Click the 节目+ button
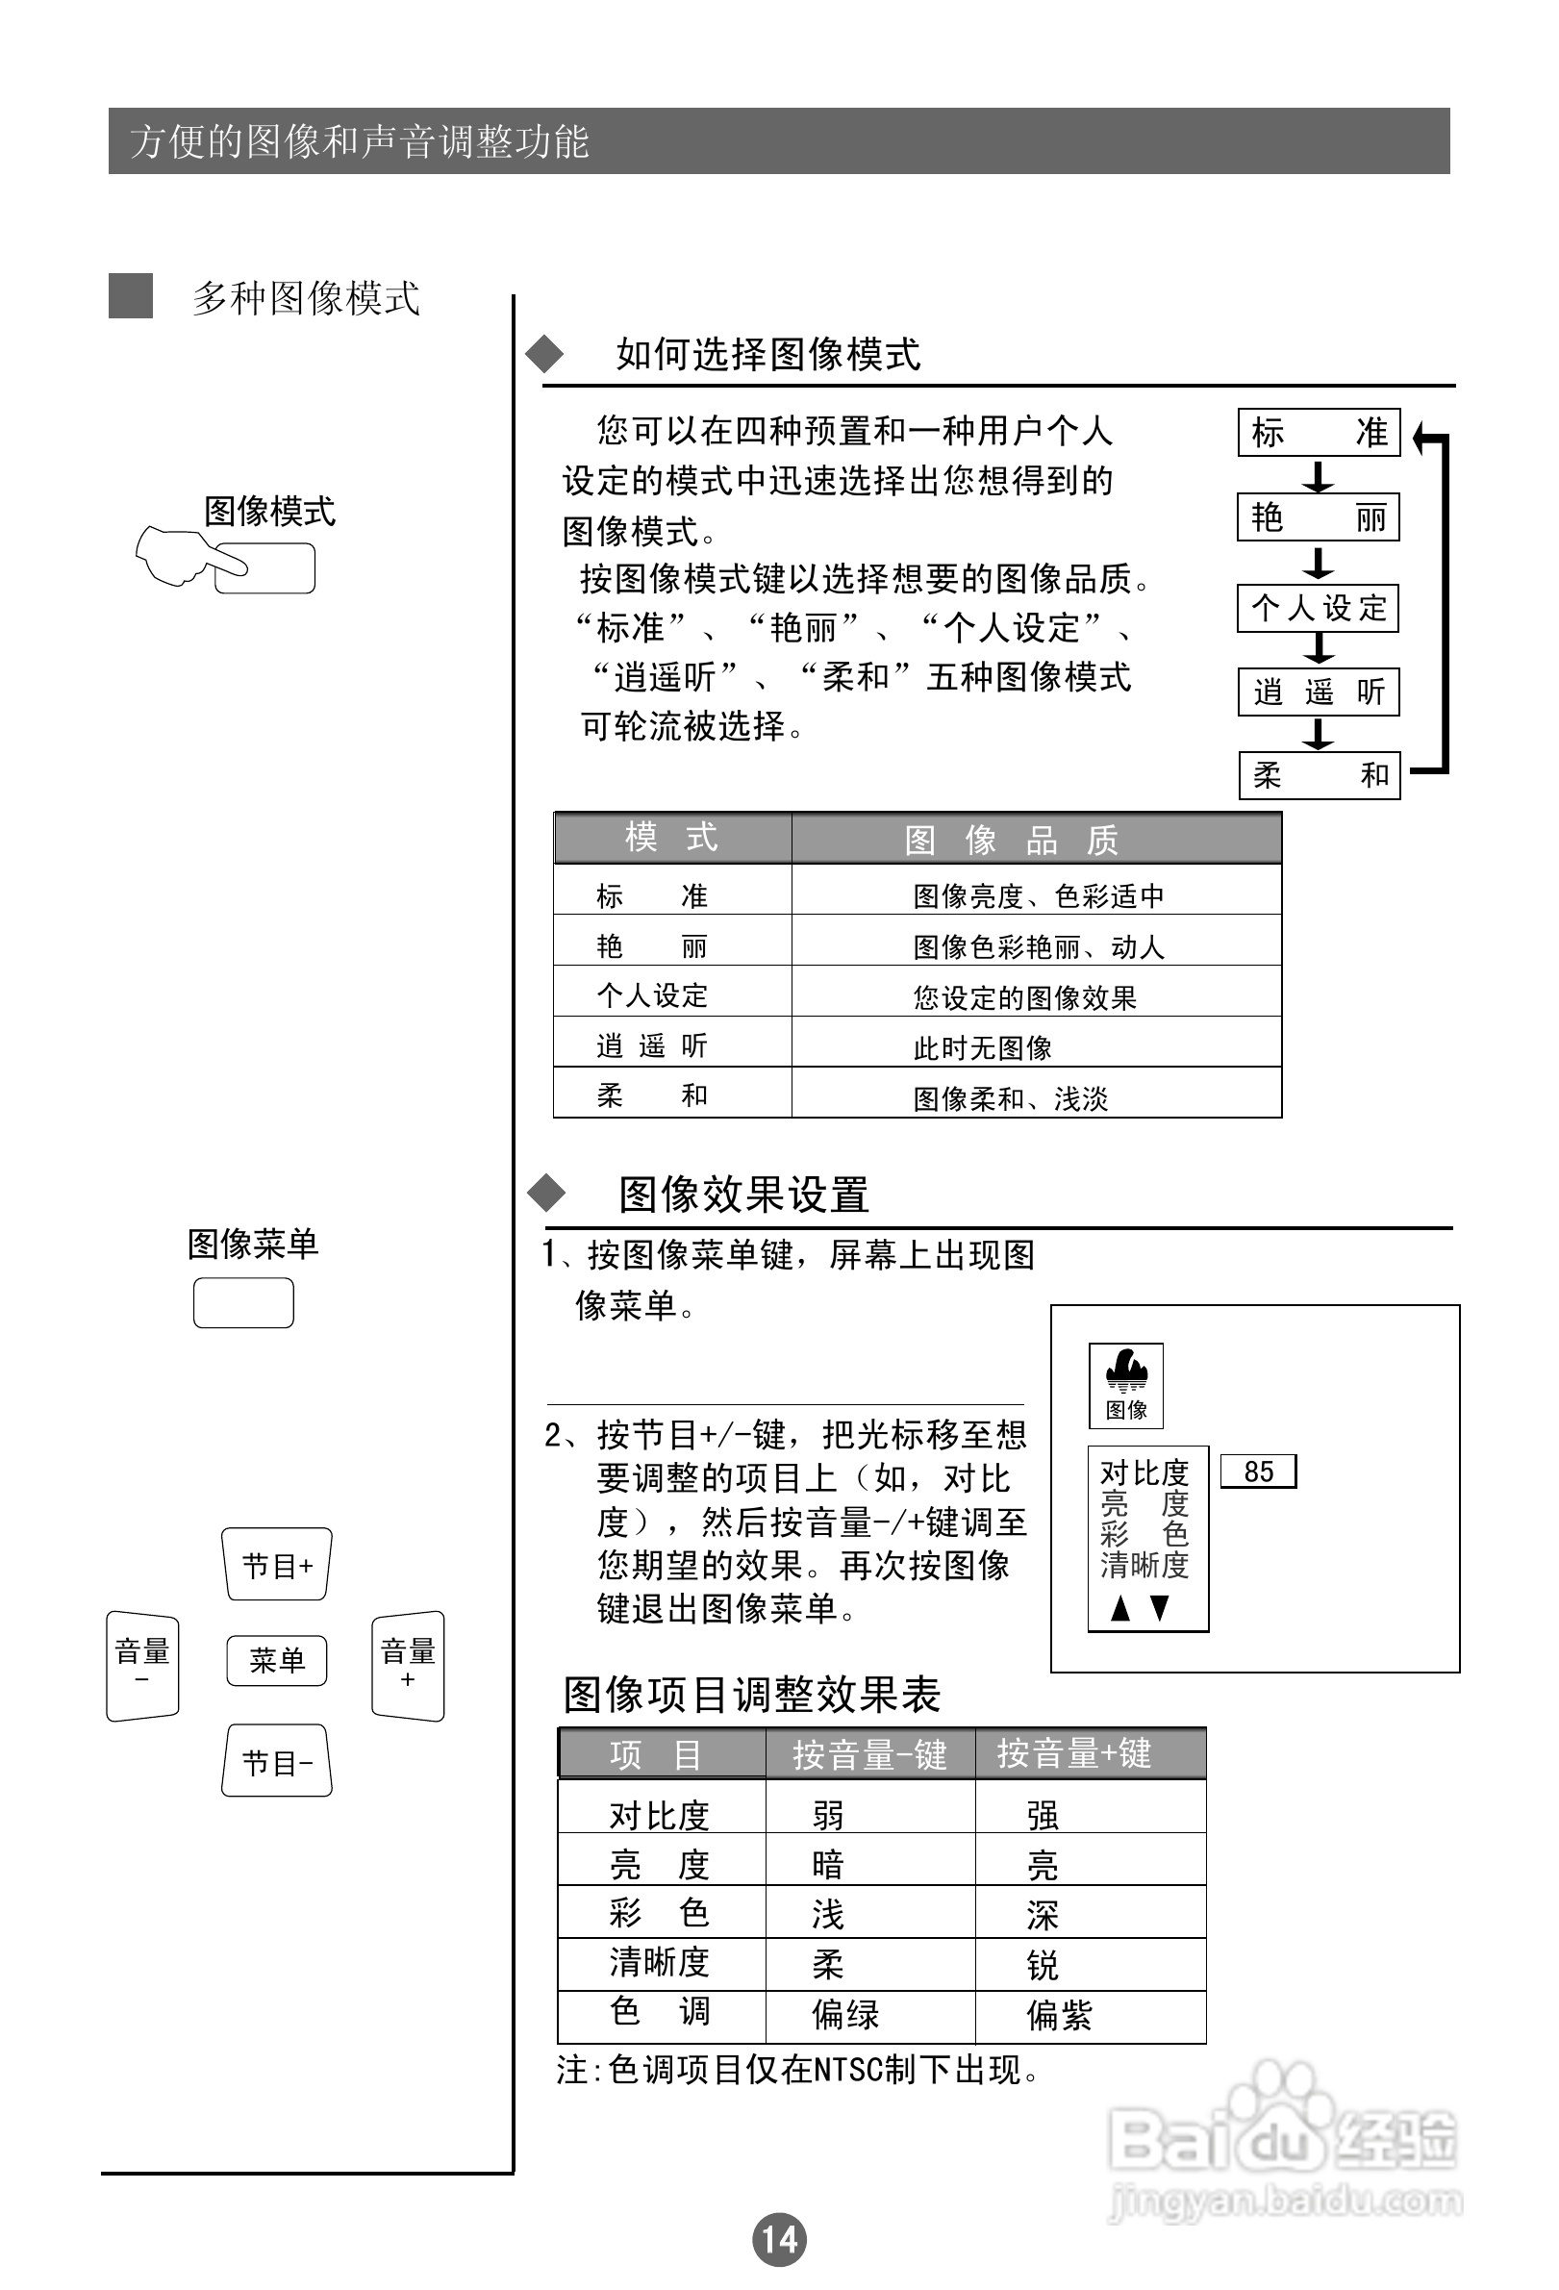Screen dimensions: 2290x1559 (276, 1564)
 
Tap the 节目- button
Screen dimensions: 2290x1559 (276, 1761)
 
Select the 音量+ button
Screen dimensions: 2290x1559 (408, 1665)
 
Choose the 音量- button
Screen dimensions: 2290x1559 (143, 1665)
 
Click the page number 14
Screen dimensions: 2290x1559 (778, 2239)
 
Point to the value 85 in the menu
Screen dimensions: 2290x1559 (1258, 1472)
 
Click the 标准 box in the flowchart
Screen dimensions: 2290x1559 (1319, 433)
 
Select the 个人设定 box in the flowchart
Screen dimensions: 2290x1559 (1319, 607)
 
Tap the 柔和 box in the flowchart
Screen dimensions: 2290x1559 (1319, 775)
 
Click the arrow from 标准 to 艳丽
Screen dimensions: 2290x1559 (1318, 476)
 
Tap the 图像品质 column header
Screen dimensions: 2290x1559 (1035, 840)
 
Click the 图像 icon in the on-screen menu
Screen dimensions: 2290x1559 (1125, 1384)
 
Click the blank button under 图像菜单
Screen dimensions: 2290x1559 (243, 1302)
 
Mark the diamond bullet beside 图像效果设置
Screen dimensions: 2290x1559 (547, 1194)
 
